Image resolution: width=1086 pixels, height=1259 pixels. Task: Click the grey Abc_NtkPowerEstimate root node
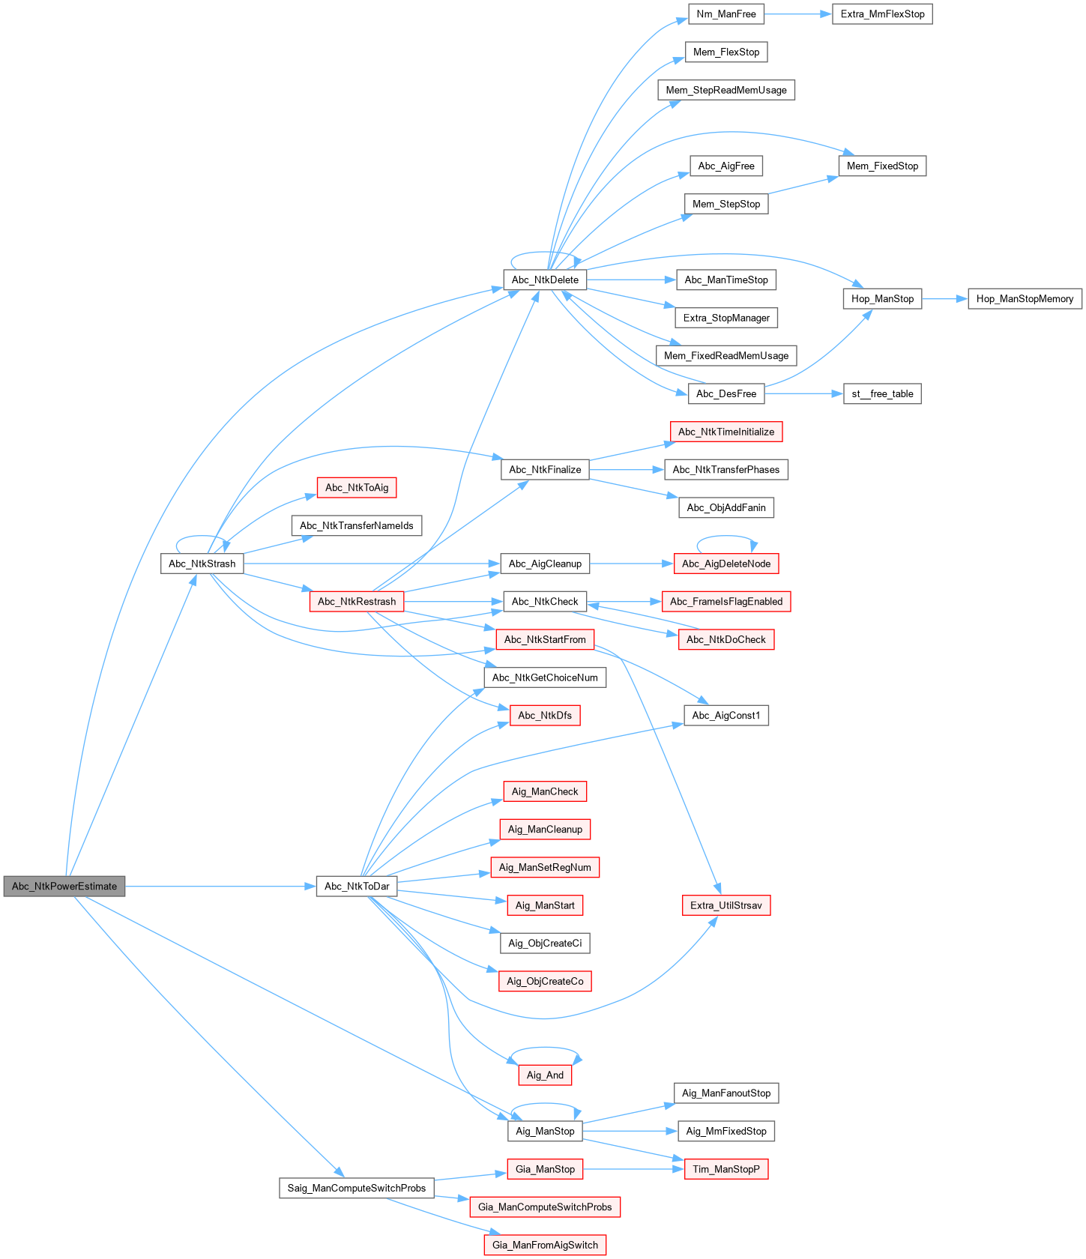click(x=64, y=886)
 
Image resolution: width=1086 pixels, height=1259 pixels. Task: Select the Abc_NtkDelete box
click(x=545, y=280)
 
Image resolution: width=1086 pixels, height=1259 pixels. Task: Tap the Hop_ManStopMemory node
click(x=1025, y=298)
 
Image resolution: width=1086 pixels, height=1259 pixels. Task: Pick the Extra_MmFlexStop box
click(x=882, y=14)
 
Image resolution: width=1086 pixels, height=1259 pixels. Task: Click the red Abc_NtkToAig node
click(x=357, y=487)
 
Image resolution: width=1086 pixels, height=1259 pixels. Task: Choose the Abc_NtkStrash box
click(x=202, y=564)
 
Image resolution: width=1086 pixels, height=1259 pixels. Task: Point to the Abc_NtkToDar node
click(x=357, y=886)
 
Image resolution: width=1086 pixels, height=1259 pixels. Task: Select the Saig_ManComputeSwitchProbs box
click(x=357, y=1188)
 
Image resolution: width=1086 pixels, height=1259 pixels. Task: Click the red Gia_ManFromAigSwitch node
click(x=545, y=1245)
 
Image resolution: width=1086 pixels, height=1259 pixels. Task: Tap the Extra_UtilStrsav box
click(x=725, y=905)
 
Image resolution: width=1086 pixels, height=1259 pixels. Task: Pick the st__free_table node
click(x=882, y=393)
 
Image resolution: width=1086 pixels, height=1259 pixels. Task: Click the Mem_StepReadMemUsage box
click(x=725, y=90)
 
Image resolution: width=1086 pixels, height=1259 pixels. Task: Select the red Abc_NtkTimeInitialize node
click(x=725, y=432)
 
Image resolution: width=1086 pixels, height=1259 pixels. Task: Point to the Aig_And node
click(x=545, y=1075)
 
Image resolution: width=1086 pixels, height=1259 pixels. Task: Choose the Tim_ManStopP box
click(x=725, y=1169)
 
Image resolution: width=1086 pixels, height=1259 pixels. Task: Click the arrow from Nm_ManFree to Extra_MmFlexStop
click(x=798, y=14)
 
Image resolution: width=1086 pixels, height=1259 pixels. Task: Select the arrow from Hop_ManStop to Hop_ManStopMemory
click(x=944, y=298)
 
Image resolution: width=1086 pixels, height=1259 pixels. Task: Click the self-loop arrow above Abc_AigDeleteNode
click(x=725, y=537)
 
